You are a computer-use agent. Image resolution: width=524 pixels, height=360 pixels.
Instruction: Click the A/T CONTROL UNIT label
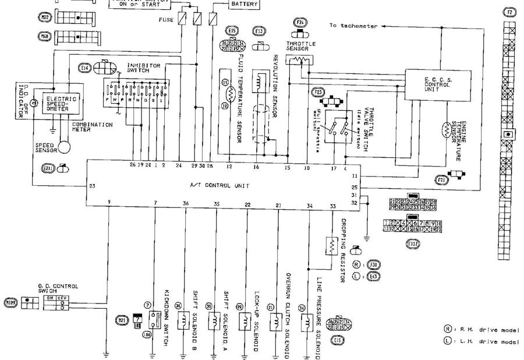219,185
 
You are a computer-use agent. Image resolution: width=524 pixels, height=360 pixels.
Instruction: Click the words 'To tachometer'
353,26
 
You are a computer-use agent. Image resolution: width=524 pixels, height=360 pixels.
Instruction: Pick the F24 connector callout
300,23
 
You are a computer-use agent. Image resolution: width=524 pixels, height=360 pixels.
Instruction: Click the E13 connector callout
259,30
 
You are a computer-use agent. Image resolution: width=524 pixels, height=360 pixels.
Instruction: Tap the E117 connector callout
413,243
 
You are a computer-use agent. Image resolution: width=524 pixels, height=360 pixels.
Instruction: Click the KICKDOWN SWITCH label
167,317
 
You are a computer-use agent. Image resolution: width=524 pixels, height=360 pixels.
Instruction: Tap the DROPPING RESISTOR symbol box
329,248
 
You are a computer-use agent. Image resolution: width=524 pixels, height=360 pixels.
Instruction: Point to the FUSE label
166,19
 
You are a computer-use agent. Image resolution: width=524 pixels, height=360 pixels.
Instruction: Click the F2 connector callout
510,12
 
